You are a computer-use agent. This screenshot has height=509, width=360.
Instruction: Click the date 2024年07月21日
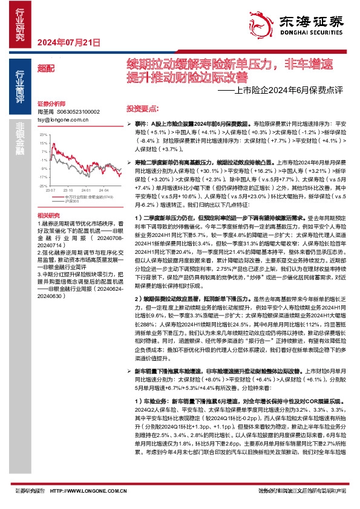(x=68, y=42)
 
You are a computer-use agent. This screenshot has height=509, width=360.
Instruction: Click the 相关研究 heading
(x=48, y=215)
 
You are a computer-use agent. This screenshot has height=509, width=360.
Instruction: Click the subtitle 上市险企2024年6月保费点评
(x=282, y=92)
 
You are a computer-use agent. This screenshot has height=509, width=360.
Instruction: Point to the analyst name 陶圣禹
(x=46, y=112)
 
